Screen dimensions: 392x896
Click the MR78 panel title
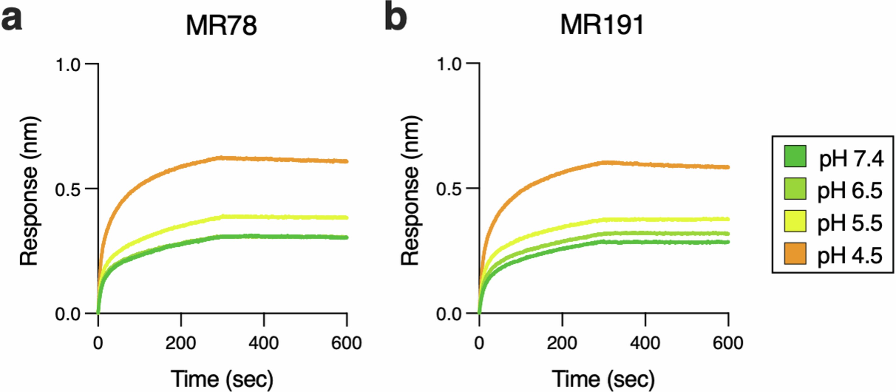[221, 25]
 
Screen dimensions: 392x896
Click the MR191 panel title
[602, 25]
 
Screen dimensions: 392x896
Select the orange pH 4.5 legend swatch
[795, 254]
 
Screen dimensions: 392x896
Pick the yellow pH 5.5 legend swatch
[795, 221]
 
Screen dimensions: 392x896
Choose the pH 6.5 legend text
[850, 190]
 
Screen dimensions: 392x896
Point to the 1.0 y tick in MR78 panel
[68, 65]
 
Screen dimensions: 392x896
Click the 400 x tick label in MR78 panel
[263, 343]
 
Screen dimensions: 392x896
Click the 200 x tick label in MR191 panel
[562, 343]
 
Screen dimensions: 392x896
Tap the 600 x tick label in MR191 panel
[728, 343]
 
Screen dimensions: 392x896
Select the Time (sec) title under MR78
[222, 379]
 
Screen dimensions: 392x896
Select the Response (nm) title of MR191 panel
[410, 191]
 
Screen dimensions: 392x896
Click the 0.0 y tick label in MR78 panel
[68, 314]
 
